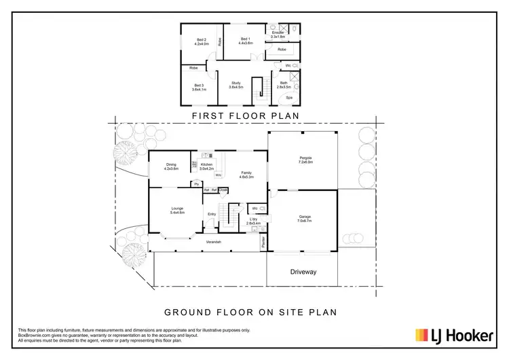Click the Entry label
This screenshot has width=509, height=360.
(x=212, y=215)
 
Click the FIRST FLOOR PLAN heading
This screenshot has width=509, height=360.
(x=246, y=116)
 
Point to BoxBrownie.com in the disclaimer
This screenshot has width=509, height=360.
(x=33, y=334)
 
